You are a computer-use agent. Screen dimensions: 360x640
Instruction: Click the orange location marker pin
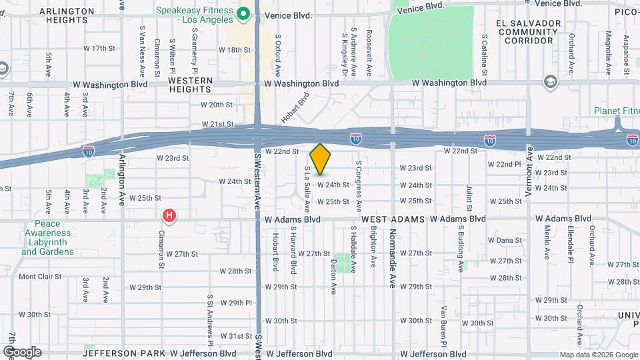(321, 159)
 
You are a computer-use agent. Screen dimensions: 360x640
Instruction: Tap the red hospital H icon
(170, 215)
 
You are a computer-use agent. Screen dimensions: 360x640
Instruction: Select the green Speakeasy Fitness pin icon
(244, 13)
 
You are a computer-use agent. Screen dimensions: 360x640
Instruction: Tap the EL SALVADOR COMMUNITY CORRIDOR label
(525, 31)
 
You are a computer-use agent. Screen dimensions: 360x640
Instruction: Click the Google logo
(22, 352)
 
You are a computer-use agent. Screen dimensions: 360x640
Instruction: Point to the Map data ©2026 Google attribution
(598, 355)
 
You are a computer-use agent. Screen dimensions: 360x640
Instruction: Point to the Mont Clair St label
(40, 276)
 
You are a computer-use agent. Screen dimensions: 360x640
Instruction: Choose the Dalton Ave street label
(333, 276)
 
